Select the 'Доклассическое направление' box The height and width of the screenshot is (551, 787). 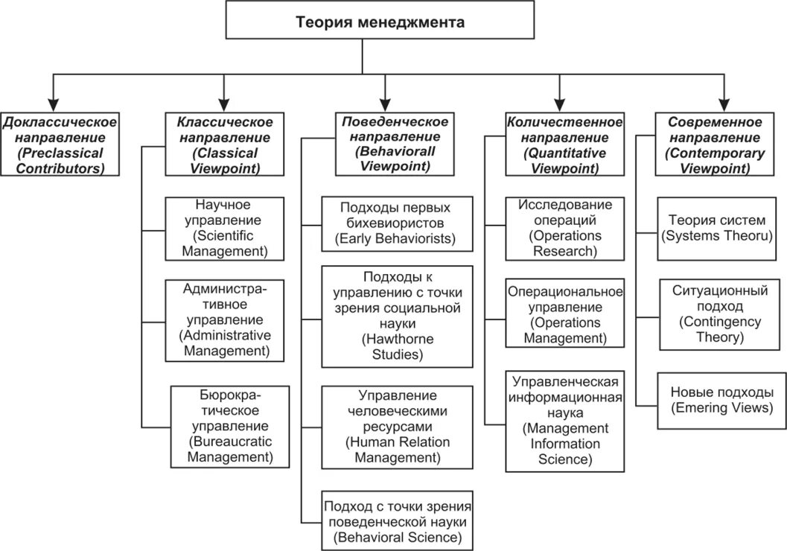click(60, 144)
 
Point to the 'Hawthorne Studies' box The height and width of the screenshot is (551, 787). click(397, 316)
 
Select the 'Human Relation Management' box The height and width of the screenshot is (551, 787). click(397, 426)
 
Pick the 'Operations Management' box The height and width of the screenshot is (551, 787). click(564, 312)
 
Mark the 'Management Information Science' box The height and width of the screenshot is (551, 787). click(564, 420)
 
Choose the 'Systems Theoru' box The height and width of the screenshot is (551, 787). click(716, 228)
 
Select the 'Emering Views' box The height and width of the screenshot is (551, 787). click(716, 400)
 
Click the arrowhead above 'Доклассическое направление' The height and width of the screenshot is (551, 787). click(51, 101)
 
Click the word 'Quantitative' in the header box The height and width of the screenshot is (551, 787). click(566, 153)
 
